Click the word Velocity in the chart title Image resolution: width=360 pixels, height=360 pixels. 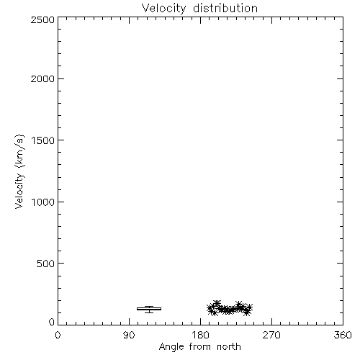pyautogui.click(x=164, y=9)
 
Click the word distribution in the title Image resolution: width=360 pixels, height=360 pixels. pyautogui.click(x=225, y=8)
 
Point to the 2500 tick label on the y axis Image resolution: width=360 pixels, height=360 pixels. pyautogui.click(x=42, y=20)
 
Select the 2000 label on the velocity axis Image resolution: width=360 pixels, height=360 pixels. pyautogui.click(x=42, y=79)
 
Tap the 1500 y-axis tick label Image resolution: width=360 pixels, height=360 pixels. pyautogui.click(x=43, y=140)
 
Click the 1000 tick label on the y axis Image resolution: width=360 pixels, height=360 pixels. pyautogui.click(x=43, y=202)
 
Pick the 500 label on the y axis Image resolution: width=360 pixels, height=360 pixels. pyautogui.click(x=46, y=264)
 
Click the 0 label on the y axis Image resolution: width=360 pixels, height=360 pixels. pyautogui.click(x=52, y=322)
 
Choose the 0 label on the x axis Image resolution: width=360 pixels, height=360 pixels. pyautogui.click(x=58, y=335)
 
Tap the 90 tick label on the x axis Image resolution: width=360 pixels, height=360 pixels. pyautogui.click(x=129, y=335)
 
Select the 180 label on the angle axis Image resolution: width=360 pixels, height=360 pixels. pyautogui.click(x=200, y=335)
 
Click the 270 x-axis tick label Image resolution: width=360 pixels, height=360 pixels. pyautogui.click(x=271, y=335)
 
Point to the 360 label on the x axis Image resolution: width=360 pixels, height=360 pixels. pyautogui.click(x=343, y=335)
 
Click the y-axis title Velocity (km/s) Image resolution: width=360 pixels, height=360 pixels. pyautogui.click(x=19, y=171)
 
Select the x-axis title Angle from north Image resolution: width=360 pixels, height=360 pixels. pyautogui.click(x=200, y=347)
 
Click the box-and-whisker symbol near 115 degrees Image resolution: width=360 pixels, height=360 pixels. pyautogui.click(x=149, y=309)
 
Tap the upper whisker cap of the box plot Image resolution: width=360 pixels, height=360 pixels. pyautogui.click(x=149, y=306)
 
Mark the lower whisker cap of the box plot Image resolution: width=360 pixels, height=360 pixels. pyautogui.click(x=149, y=312)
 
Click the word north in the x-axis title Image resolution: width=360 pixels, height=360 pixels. pyautogui.click(x=229, y=346)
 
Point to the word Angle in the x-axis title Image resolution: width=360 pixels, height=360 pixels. pyautogui.click(x=171, y=347)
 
